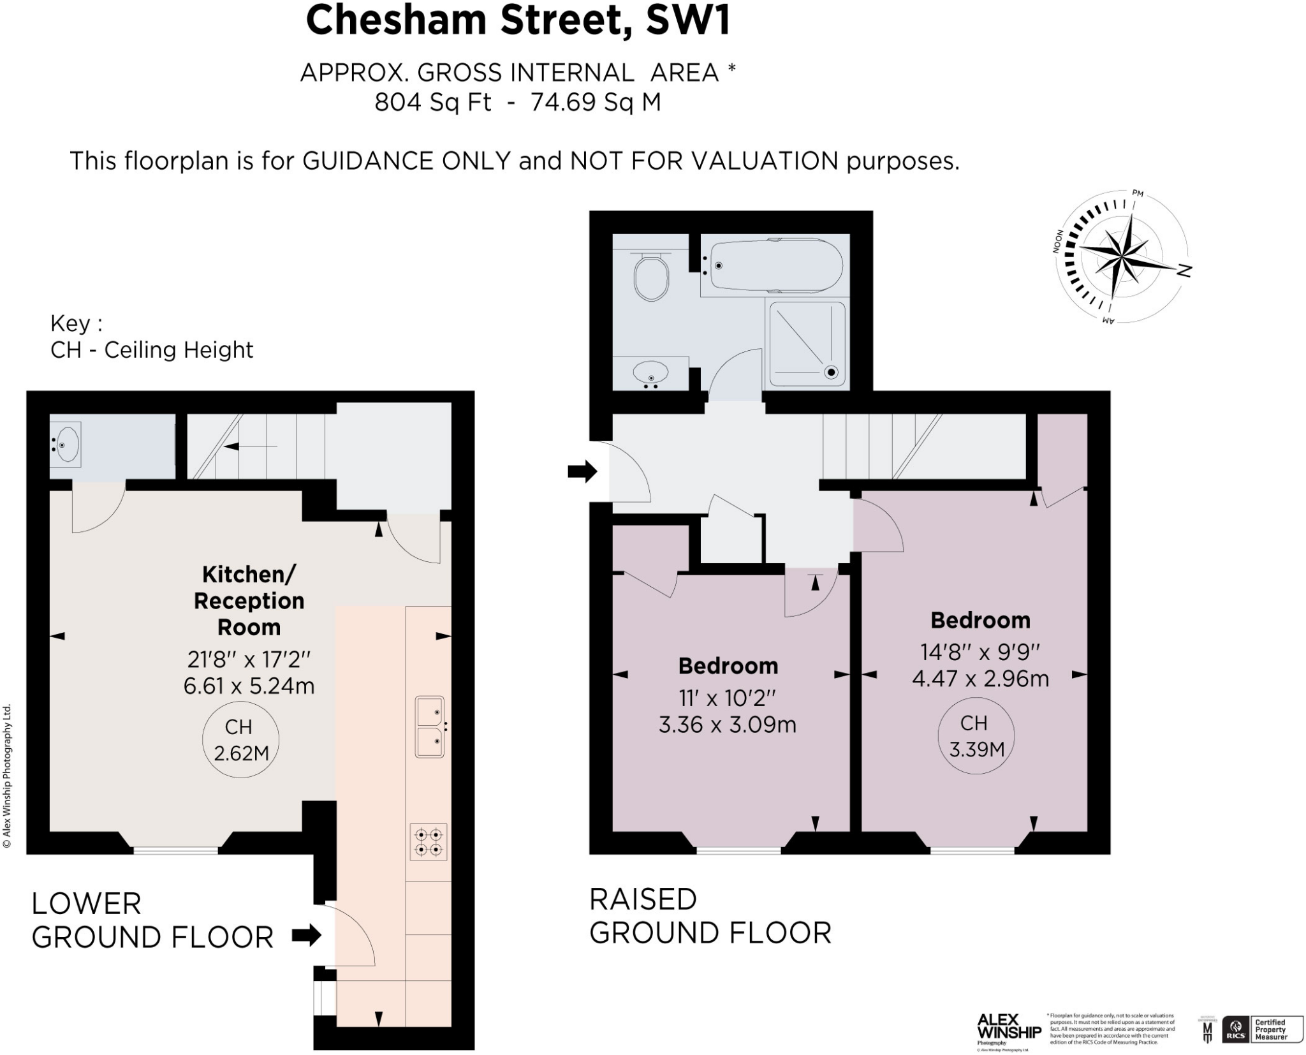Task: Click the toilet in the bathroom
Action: [651, 277]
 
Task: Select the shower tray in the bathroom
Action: [807, 344]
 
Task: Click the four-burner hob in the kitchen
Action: [429, 842]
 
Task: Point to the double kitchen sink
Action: [430, 727]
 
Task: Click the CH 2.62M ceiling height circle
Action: [240, 740]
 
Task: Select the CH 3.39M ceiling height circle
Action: [976, 736]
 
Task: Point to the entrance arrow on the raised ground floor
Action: [582, 472]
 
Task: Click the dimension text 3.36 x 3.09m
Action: [727, 725]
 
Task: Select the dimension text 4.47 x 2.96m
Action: [980, 679]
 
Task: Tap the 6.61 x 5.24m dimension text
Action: [249, 686]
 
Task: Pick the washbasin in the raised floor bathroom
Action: [650, 372]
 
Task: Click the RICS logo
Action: [1235, 1029]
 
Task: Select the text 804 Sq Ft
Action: [432, 102]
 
